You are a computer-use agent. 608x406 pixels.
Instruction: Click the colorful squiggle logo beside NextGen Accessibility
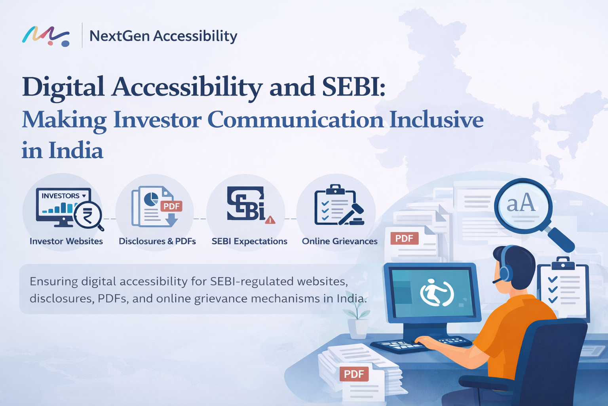click(x=46, y=36)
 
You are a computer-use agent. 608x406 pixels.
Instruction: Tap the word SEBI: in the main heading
click(x=353, y=87)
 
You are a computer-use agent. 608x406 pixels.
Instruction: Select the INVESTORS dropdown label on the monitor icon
click(x=63, y=196)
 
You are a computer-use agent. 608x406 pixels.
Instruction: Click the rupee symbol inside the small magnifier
click(x=87, y=216)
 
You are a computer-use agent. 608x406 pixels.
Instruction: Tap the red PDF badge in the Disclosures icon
click(x=171, y=206)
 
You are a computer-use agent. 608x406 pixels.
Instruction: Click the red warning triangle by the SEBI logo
click(x=270, y=220)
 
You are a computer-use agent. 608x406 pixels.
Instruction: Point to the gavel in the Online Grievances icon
click(x=354, y=212)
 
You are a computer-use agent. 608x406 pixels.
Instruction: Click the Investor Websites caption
click(x=66, y=241)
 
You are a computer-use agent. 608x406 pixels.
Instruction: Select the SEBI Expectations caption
click(x=249, y=241)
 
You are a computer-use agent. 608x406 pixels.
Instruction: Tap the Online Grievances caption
click(x=340, y=241)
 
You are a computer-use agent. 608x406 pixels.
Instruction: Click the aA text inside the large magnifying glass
click(x=521, y=203)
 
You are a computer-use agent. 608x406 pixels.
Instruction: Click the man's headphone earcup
click(x=505, y=273)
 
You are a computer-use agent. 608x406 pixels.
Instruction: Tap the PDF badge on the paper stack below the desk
click(x=354, y=374)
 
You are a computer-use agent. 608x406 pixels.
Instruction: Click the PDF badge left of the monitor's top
click(x=404, y=238)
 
